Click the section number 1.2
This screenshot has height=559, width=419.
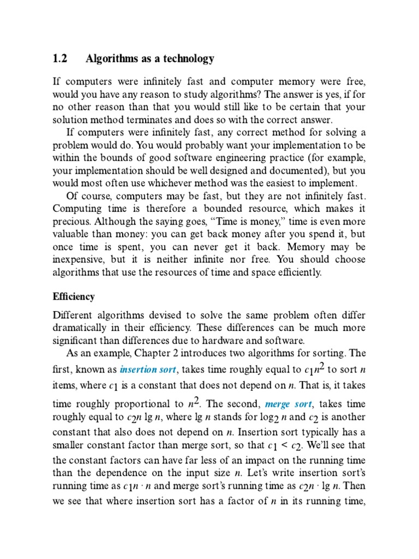click(x=60, y=58)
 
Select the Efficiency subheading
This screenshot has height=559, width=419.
click(x=74, y=297)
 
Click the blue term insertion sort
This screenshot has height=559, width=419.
click(x=148, y=370)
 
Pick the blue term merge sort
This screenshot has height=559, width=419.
click(x=288, y=405)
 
